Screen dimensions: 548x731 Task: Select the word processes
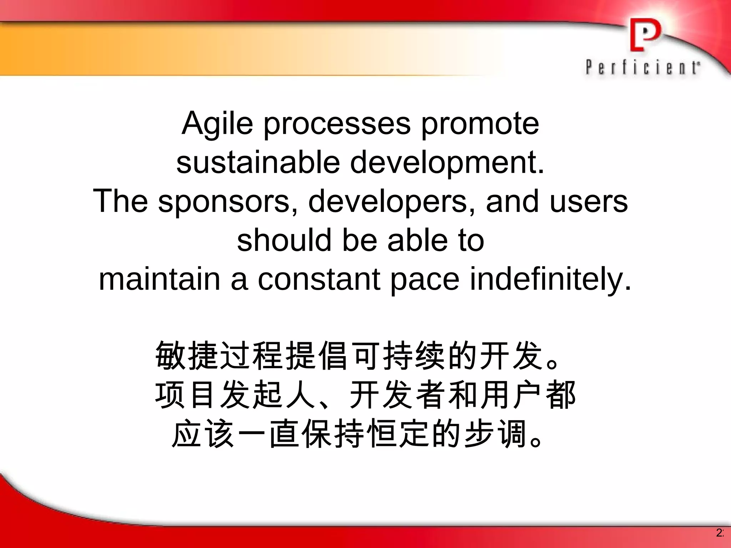coord(337,125)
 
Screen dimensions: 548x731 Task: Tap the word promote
coord(480,125)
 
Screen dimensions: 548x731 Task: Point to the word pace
coord(424,280)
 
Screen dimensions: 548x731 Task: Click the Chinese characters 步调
coord(496,435)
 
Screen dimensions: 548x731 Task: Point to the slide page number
coord(720,533)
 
